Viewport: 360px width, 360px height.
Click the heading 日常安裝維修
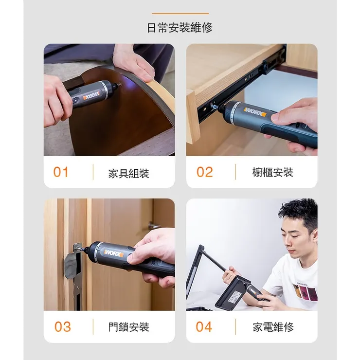[180, 28]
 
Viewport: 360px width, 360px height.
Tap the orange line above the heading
[180, 14]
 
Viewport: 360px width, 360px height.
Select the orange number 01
[61, 172]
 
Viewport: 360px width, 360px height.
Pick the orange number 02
[204, 172]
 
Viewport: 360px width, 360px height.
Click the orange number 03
[62, 326]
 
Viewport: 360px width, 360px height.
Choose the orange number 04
[204, 326]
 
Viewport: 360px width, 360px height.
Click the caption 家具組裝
[128, 173]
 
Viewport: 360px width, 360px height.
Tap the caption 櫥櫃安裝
[272, 173]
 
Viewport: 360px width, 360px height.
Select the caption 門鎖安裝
[128, 327]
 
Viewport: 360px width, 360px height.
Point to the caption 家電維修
[273, 327]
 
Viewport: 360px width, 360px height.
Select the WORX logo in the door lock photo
[113, 253]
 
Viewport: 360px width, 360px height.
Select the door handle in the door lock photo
[155, 225]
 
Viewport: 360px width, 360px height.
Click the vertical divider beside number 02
[236, 172]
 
